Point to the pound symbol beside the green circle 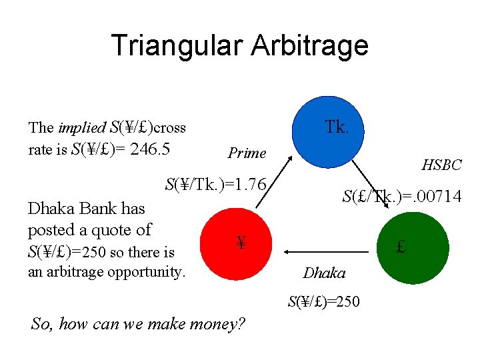pyautogui.click(x=401, y=247)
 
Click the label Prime pyautogui.click(x=247, y=153)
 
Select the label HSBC pyautogui.click(x=441, y=164)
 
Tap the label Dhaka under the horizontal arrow pyautogui.click(x=324, y=273)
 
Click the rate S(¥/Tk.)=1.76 pyautogui.click(x=216, y=184)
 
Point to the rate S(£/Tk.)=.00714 pyautogui.click(x=401, y=196)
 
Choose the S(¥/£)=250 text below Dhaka pyautogui.click(x=324, y=301)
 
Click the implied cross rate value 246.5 pyautogui.click(x=150, y=149)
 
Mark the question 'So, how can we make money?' pyautogui.click(x=138, y=325)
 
